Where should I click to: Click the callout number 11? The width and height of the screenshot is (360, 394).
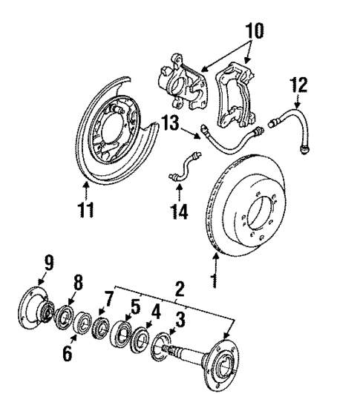(x=86, y=211)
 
